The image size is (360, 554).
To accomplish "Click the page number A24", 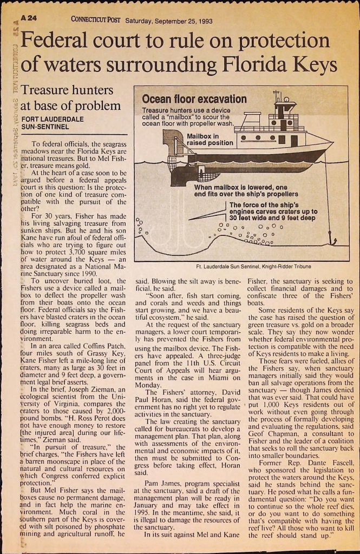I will click(x=28, y=17).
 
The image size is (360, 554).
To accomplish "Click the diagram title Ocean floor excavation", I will click(x=194, y=99).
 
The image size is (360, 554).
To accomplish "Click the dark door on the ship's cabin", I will click(x=293, y=141).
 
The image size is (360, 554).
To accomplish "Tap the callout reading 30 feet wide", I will click(x=252, y=218).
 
